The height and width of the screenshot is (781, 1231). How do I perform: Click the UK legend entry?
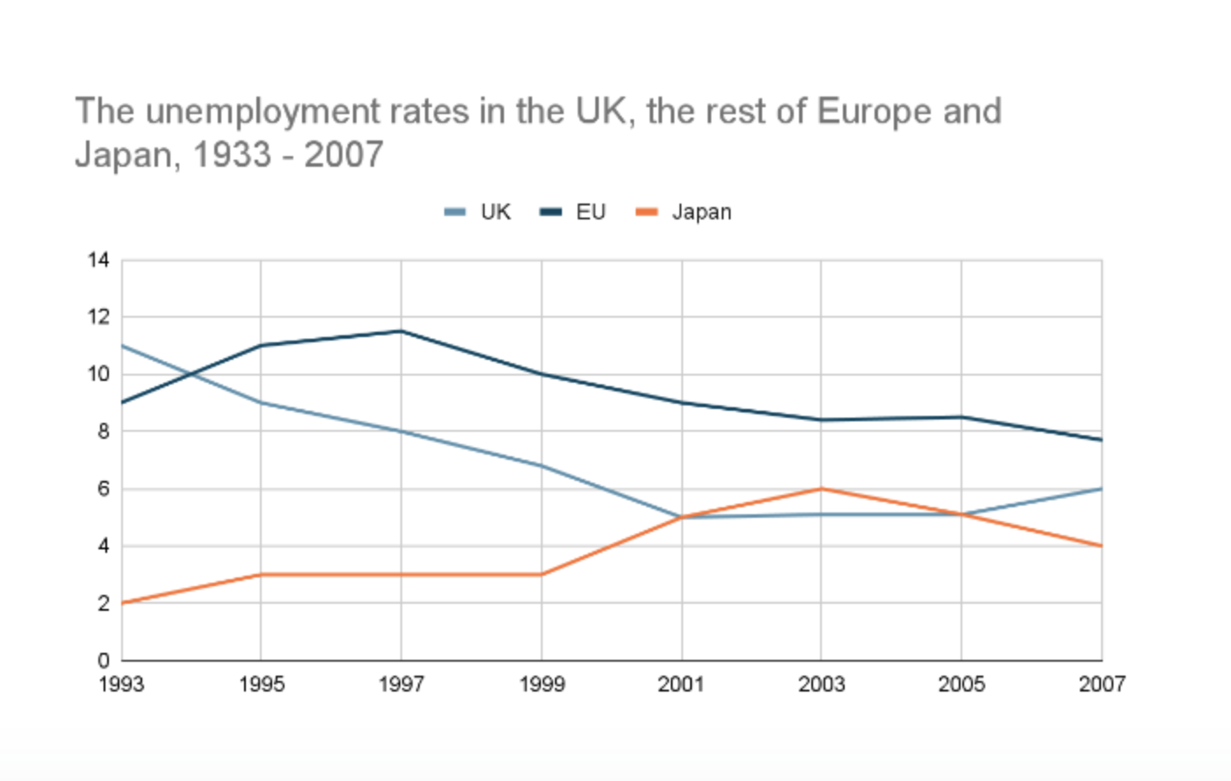[x=479, y=212]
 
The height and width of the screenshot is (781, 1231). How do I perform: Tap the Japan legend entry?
[x=684, y=212]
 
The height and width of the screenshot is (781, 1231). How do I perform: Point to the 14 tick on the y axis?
[x=98, y=260]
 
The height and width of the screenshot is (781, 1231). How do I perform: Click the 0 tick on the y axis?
[x=104, y=661]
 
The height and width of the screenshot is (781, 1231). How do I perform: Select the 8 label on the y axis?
[x=104, y=432]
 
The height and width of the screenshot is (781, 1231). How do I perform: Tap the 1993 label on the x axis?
[x=121, y=684]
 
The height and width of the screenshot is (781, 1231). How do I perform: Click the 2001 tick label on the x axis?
[x=681, y=684]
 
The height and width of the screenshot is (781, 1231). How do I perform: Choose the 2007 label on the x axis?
[x=1101, y=684]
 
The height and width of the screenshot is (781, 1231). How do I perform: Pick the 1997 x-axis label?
[x=401, y=684]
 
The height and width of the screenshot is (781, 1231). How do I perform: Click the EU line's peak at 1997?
[x=401, y=331]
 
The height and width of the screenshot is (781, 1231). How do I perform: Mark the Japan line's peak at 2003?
[x=821, y=489]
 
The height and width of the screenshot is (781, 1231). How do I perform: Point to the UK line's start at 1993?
[x=122, y=346]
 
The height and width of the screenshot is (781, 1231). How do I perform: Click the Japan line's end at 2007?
[x=1101, y=546]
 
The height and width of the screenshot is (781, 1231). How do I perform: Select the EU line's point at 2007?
[x=1101, y=440]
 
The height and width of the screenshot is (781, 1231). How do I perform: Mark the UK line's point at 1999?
[x=542, y=465]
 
